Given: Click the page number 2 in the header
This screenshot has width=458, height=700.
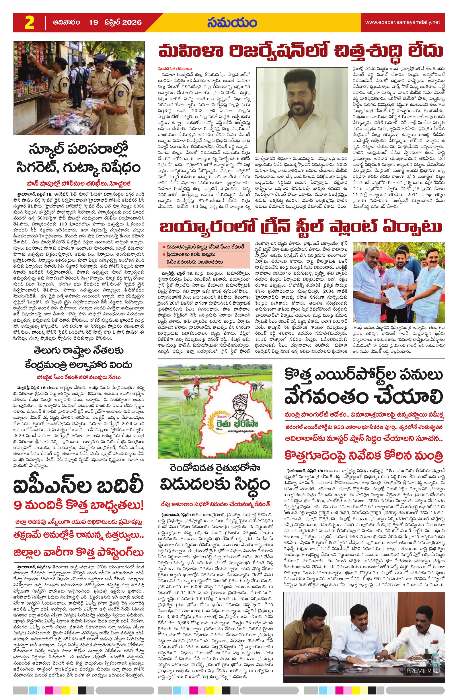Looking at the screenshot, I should [29, 23].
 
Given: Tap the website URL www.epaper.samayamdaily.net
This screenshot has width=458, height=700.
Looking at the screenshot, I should [402, 22].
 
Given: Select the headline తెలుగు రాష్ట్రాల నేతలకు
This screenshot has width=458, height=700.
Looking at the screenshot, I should [79, 351].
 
